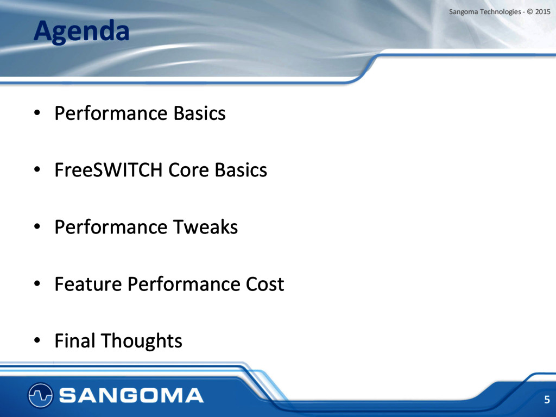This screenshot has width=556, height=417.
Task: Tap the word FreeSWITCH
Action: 109,170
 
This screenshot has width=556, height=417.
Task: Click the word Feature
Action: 89,284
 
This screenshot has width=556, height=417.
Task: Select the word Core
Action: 188,170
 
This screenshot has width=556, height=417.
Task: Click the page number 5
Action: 547,400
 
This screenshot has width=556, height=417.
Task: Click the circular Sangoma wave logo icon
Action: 40,395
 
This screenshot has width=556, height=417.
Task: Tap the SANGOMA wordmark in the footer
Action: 131,395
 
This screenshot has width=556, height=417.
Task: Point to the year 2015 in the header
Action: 542,12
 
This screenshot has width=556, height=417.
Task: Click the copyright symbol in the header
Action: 530,12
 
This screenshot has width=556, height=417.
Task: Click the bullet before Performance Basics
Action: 37,113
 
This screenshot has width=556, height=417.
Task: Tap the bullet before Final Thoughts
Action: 37,341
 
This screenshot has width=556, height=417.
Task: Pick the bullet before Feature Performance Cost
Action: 37,284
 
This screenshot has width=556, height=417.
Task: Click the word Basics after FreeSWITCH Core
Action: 241,170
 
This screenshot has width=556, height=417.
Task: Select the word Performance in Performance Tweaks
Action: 111,227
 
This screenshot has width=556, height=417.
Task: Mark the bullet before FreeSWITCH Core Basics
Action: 37,170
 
